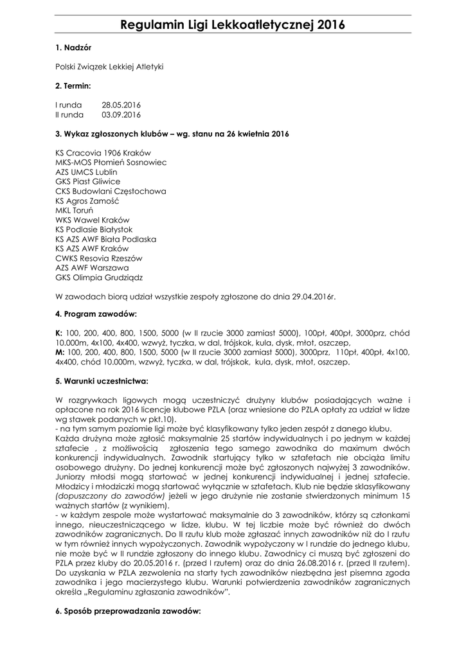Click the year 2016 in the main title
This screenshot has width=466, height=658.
(x=329, y=26)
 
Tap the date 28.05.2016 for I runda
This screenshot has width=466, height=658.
(x=121, y=104)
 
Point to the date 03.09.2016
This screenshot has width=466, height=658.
(x=121, y=114)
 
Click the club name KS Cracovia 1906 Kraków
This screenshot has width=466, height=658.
(x=103, y=153)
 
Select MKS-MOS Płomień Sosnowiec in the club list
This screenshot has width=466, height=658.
(x=111, y=163)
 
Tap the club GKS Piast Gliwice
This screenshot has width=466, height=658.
(x=87, y=182)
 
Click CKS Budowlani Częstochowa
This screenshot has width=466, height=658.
(x=111, y=191)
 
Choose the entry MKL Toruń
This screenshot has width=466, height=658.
(x=75, y=210)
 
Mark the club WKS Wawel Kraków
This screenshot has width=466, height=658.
(x=92, y=220)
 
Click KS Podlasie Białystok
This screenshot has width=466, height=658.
(x=94, y=229)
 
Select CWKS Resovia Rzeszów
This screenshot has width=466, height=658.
(x=98, y=258)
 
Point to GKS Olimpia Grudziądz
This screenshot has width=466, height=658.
(x=99, y=278)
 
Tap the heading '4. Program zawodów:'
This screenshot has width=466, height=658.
(x=96, y=315)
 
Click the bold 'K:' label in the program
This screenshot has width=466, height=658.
(x=59, y=333)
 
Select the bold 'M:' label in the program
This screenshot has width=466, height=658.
(x=60, y=353)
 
